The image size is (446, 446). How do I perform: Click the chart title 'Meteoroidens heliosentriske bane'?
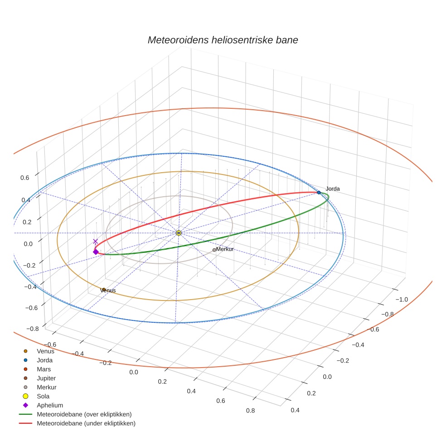tap(223, 40)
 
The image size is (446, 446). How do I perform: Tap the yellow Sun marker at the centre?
tap(179, 233)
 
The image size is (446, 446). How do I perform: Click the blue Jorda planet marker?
tap(319, 193)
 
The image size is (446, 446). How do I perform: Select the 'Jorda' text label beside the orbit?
tap(333, 189)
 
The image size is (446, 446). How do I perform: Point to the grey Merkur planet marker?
tap(214, 250)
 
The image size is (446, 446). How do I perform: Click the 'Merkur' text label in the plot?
tap(225, 249)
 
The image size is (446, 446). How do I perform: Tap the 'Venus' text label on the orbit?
tap(109, 290)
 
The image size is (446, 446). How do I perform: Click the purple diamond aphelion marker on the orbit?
tap(96, 252)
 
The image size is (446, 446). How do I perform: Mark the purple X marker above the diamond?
tap(95, 242)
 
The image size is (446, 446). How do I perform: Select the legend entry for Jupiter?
tap(46, 378)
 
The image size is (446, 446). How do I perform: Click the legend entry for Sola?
tap(43, 396)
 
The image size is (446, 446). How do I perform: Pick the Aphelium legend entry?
tap(49, 405)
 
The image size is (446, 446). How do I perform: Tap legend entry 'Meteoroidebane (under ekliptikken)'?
tap(86, 423)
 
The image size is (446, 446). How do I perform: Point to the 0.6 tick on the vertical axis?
tap(24, 178)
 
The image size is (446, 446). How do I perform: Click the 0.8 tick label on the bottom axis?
tap(250, 411)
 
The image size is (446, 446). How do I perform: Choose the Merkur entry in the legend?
tap(46, 388)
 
